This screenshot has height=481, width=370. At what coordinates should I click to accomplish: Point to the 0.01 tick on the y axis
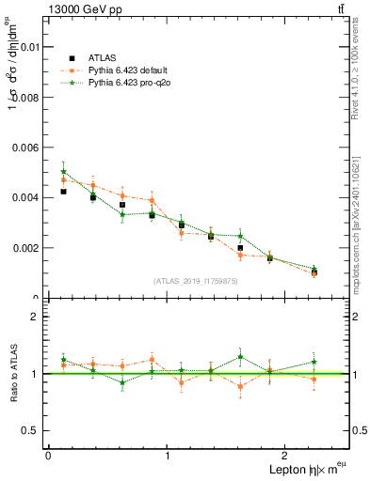[27, 46]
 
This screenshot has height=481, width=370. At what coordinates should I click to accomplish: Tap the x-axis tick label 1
[168, 456]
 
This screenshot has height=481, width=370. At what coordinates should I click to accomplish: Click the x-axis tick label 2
[286, 456]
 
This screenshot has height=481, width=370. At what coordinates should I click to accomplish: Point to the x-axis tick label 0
[48, 456]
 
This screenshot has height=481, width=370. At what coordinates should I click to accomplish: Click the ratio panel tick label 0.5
[31, 430]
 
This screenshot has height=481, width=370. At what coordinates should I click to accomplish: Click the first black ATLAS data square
[63, 192]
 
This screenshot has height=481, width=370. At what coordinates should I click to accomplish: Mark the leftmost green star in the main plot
[63, 172]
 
